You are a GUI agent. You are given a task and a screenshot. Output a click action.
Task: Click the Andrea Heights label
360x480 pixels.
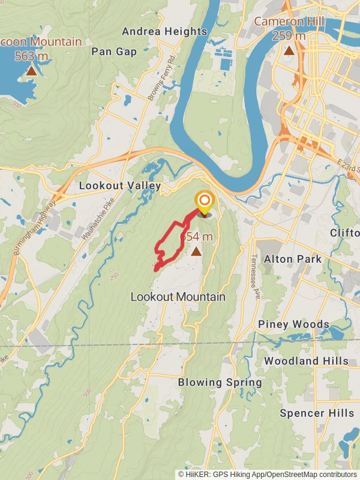coord(164,31)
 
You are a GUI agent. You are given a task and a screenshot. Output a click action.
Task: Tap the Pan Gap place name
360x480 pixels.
coord(115,52)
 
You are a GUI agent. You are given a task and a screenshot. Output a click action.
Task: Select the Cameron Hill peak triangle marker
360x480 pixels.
coord(289,51)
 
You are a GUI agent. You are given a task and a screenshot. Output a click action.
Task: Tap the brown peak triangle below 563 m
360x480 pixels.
coord(31,71)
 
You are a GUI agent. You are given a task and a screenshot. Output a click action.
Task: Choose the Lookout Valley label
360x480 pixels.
coord(120,186)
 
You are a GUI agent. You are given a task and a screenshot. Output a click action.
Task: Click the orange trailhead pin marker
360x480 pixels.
coord(205,201)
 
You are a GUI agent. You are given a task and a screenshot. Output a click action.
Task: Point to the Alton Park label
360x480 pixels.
coord(293,259)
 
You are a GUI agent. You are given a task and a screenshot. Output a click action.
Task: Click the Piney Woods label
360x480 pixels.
coord(293,325)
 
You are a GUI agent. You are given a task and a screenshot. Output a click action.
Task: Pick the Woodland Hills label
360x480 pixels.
coord(306,361)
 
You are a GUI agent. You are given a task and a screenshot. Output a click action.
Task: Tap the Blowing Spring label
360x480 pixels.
coord(220,382)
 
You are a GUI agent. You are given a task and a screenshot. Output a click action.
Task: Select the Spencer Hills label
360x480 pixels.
coord(317,413)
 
